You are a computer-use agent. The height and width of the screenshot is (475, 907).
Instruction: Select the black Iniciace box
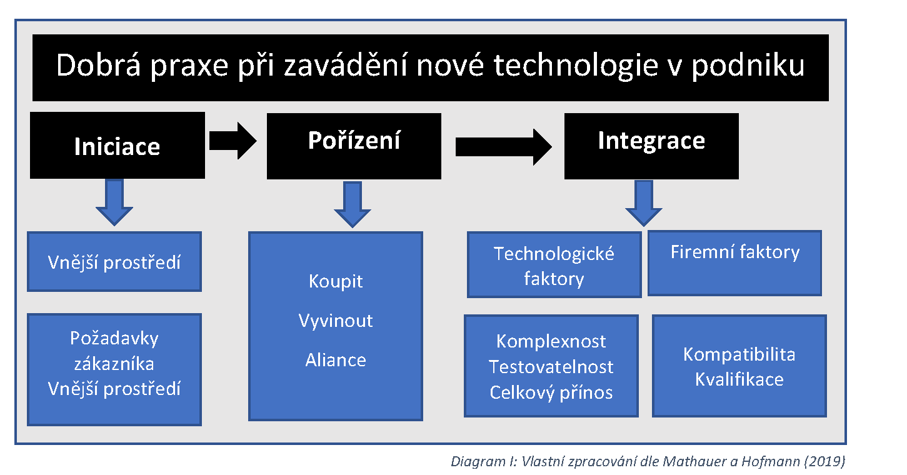(x=118, y=146)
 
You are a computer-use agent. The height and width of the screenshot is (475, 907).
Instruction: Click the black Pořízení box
(x=354, y=146)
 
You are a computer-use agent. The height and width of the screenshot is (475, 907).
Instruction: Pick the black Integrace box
(x=651, y=146)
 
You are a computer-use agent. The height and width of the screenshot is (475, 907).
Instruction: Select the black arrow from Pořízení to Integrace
(x=503, y=147)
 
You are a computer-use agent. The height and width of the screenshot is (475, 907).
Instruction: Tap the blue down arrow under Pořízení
(x=353, y=204)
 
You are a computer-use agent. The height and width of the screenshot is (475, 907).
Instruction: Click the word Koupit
(x=336, y=281)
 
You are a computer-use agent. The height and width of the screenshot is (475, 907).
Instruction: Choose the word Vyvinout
(x=336, y=321)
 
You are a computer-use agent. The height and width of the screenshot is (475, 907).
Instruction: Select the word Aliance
(x=336, y=360)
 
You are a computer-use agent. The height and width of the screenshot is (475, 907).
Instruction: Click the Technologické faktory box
(x=554, y=265)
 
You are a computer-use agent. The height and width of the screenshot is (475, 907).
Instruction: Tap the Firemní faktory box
(x=734, y=262)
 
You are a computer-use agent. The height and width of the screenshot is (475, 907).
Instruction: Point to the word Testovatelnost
(x=551, y=367)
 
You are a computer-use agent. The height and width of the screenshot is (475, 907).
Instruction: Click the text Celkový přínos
(x=551, y=392)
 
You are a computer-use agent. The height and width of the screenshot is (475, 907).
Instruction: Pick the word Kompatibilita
(x=739, y=354)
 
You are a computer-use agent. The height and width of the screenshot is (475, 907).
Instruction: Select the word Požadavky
(x=114, y=338)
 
